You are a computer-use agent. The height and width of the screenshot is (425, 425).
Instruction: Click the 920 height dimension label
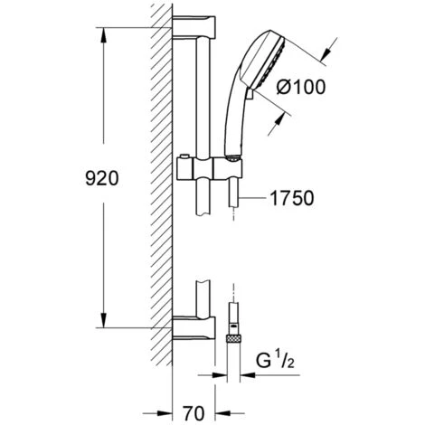click(x=102, y=178)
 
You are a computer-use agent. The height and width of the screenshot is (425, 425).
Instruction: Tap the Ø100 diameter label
click(x=301, y=87)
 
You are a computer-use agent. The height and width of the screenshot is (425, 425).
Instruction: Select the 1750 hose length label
click(x=291, y=198)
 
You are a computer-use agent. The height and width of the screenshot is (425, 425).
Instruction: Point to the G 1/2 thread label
click(x=275, y=361)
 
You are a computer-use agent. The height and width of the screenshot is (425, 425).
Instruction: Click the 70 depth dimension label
click(x=194, y=413)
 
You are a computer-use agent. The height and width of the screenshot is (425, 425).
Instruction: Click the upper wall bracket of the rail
click(x=194, y=27)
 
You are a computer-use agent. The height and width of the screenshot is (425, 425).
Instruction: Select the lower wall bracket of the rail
click(x=194, y=328)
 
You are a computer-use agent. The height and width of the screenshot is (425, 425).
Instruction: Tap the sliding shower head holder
click(x=210, y=167)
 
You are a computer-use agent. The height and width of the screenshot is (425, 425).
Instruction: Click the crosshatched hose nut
click(x=234, y=338)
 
